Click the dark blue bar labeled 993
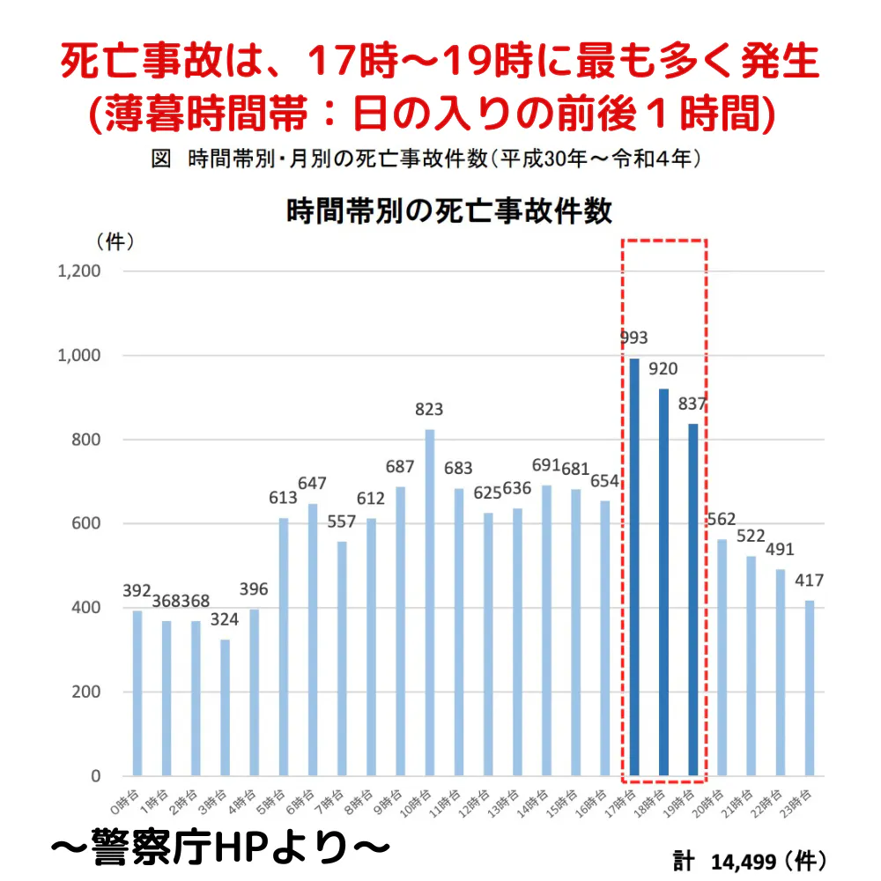tap(634, 567)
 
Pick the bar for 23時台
tap(810, 688)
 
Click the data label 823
tap(430, 410)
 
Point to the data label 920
tap(663, 368)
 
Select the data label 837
tap(693, 404)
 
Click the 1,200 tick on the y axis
tap(78, 271)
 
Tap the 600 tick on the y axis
tap(85, 523)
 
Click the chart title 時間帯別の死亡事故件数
tap(449, 212)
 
